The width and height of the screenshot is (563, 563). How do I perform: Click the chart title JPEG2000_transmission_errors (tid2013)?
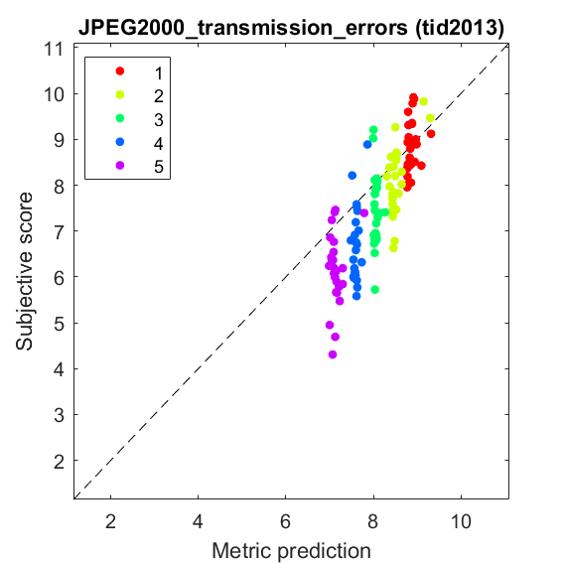pos(291,28)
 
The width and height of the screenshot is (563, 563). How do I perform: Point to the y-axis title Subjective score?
pos(24,271)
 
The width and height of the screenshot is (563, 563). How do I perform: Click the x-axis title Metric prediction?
pos(291,551)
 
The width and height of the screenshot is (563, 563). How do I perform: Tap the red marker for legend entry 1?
pos(120,71)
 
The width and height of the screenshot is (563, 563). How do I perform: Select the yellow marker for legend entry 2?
pos(120,94)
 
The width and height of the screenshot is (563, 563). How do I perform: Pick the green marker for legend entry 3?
pos(120,118)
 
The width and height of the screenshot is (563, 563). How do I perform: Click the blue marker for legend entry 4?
pos(120,142)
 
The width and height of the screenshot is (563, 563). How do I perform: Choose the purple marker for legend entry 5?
pos(120,166)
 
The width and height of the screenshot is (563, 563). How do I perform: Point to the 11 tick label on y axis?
pos(54,50)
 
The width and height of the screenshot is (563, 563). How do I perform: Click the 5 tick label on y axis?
pos(59,325)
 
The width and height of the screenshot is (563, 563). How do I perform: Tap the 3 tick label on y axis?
pos(59,416)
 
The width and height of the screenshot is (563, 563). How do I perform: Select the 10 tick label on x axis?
pos(461,521)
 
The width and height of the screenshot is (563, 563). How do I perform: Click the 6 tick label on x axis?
pos(285,521)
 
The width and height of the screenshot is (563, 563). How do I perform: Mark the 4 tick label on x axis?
pos(198,521)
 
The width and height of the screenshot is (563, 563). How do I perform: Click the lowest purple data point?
pos(333,354)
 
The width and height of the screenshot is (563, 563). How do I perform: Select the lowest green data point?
pos(375,290)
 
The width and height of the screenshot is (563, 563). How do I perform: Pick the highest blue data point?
pos(367,145)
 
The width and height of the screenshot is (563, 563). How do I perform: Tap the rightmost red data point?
pos(431,134)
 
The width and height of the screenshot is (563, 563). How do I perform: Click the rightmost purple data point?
pos(364,213)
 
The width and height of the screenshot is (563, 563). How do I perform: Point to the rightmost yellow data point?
pos(430,118)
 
